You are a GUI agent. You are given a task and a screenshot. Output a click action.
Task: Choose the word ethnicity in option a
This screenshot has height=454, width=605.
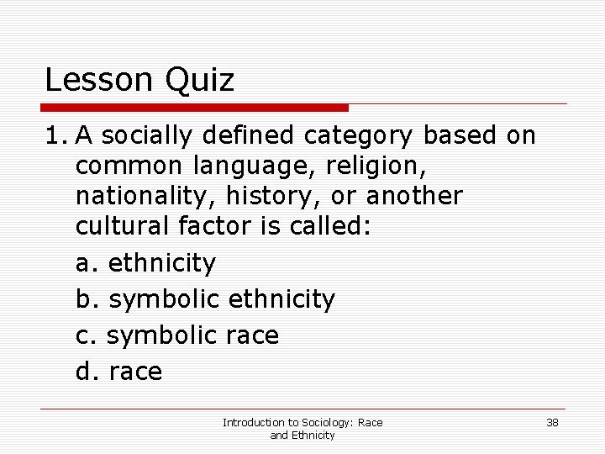coord(162,264)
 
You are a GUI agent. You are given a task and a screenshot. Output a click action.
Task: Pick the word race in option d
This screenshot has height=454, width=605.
coord(136,372)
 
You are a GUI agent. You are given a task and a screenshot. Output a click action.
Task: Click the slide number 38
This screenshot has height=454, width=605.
coord(552,422)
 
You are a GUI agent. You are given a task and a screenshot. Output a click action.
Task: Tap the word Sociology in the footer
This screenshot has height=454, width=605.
coord(314,422)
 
